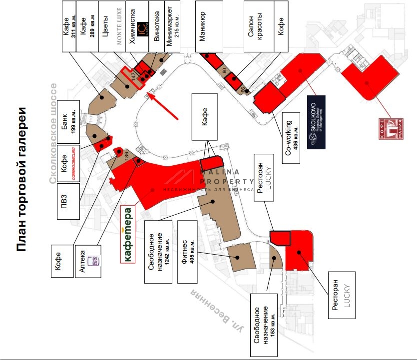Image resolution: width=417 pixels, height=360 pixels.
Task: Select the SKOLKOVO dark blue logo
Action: (x=316, y=121)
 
